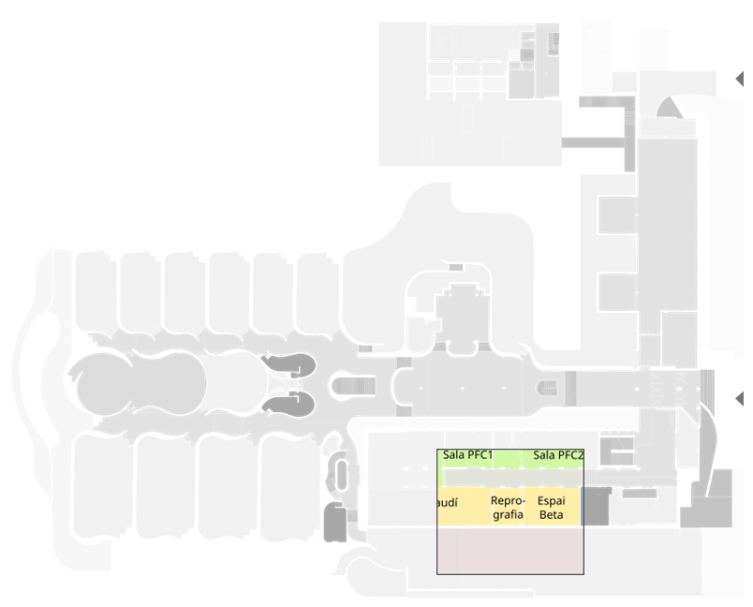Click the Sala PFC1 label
(468, 455)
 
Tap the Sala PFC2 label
(558, 455)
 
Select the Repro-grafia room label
(507, 507)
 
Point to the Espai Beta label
(552, 507)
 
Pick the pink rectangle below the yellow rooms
(510, 550)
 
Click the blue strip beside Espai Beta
(583, 507)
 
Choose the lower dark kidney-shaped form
(287, 405)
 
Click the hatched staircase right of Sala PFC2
(617, 449)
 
